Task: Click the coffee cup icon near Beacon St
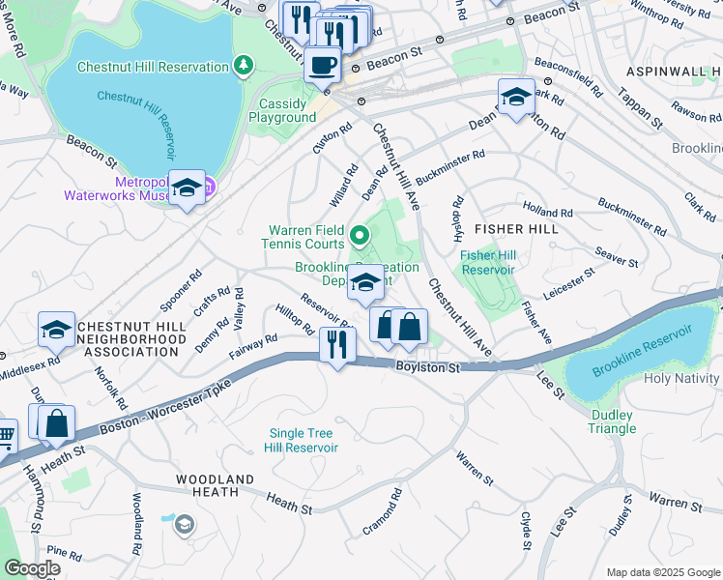click(x=322, y=66)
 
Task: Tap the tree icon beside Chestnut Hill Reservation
click(x=245, y=66)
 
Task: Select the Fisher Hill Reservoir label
click(x=491, y=262)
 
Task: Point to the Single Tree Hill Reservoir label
click(x=304, y=440)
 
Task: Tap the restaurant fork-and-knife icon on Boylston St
click(x=337, y=344)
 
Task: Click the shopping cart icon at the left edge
click(x=5, y=436)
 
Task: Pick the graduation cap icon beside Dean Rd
click(x=516, y=97)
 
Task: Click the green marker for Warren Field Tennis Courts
click(x=360, y=235)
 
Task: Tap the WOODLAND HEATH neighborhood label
click(x=215, y=485)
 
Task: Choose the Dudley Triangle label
click(x=612, y=421)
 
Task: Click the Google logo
click(x=32, y=569)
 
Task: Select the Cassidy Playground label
click(x=287, y=110)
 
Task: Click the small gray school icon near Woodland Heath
click(x=183, y=524)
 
